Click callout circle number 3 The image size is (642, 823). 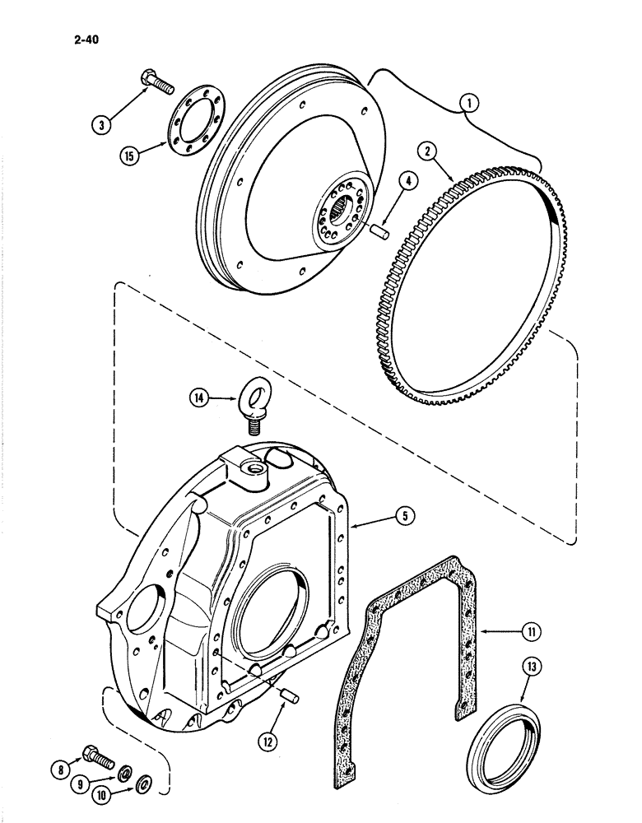click(103, 125)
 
